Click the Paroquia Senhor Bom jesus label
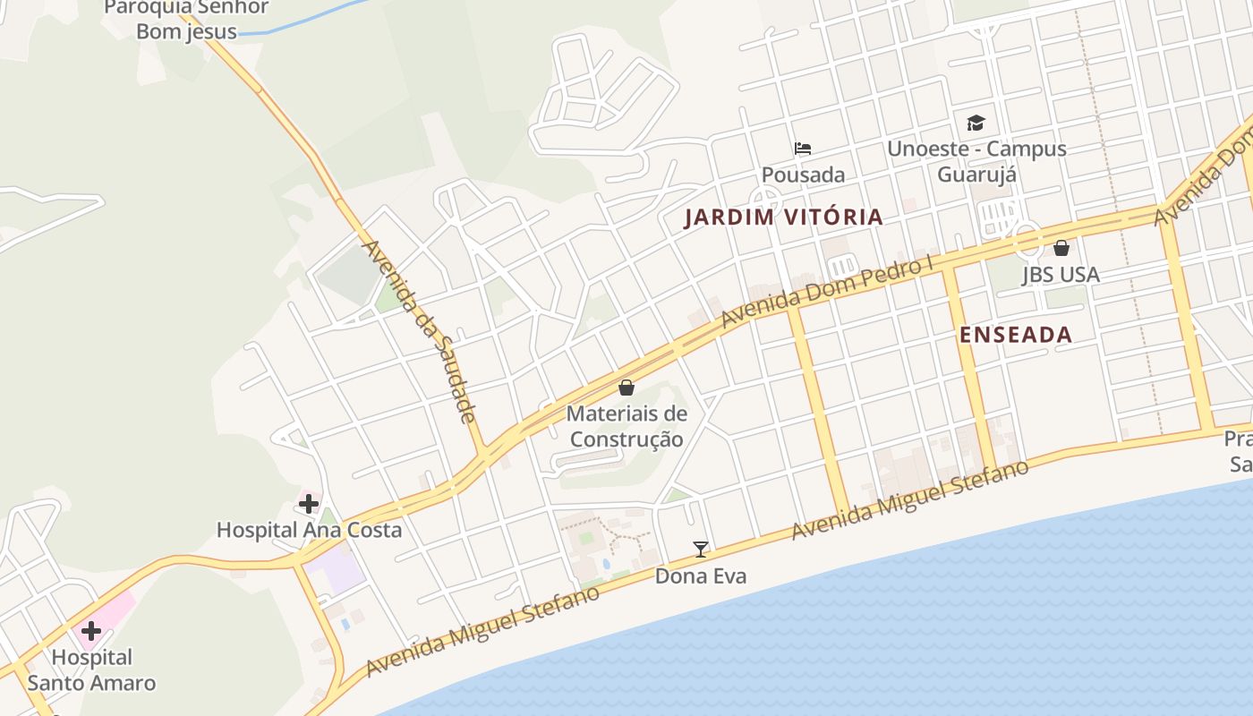(186, 20)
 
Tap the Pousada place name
(803, 175)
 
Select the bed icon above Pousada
(803, 149)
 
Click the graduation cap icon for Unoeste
(976, 124)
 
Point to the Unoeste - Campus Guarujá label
(976, 161)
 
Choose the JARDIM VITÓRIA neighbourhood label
(784, 217)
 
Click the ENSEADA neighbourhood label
(1016, 335)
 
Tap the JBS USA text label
(1061, 275)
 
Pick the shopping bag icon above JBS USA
(1061, 248)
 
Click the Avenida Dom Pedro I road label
(827, 292)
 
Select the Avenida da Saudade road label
(419, 331)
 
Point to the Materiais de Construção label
(626, 427)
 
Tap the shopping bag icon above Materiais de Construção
(626, 388)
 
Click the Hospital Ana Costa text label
(309, 530)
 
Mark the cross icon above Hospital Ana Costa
(309, 504)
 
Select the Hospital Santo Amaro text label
(91, 670)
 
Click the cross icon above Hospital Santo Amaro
(90, 631)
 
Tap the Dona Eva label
(701, 576)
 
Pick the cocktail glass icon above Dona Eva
(701, 550)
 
